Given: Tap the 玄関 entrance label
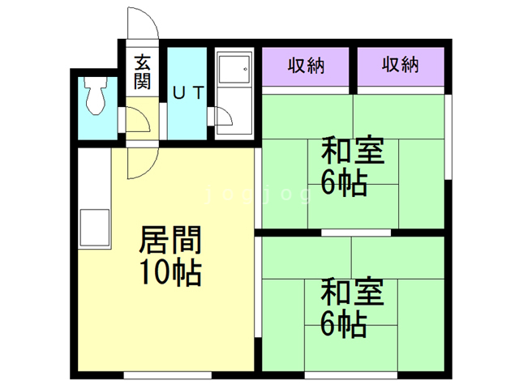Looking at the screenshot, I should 143,71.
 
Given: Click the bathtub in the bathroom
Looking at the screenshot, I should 234,72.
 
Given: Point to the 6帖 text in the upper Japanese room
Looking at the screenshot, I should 344,183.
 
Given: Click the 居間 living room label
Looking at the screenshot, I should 170,241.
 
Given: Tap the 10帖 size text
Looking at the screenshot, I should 170,273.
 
